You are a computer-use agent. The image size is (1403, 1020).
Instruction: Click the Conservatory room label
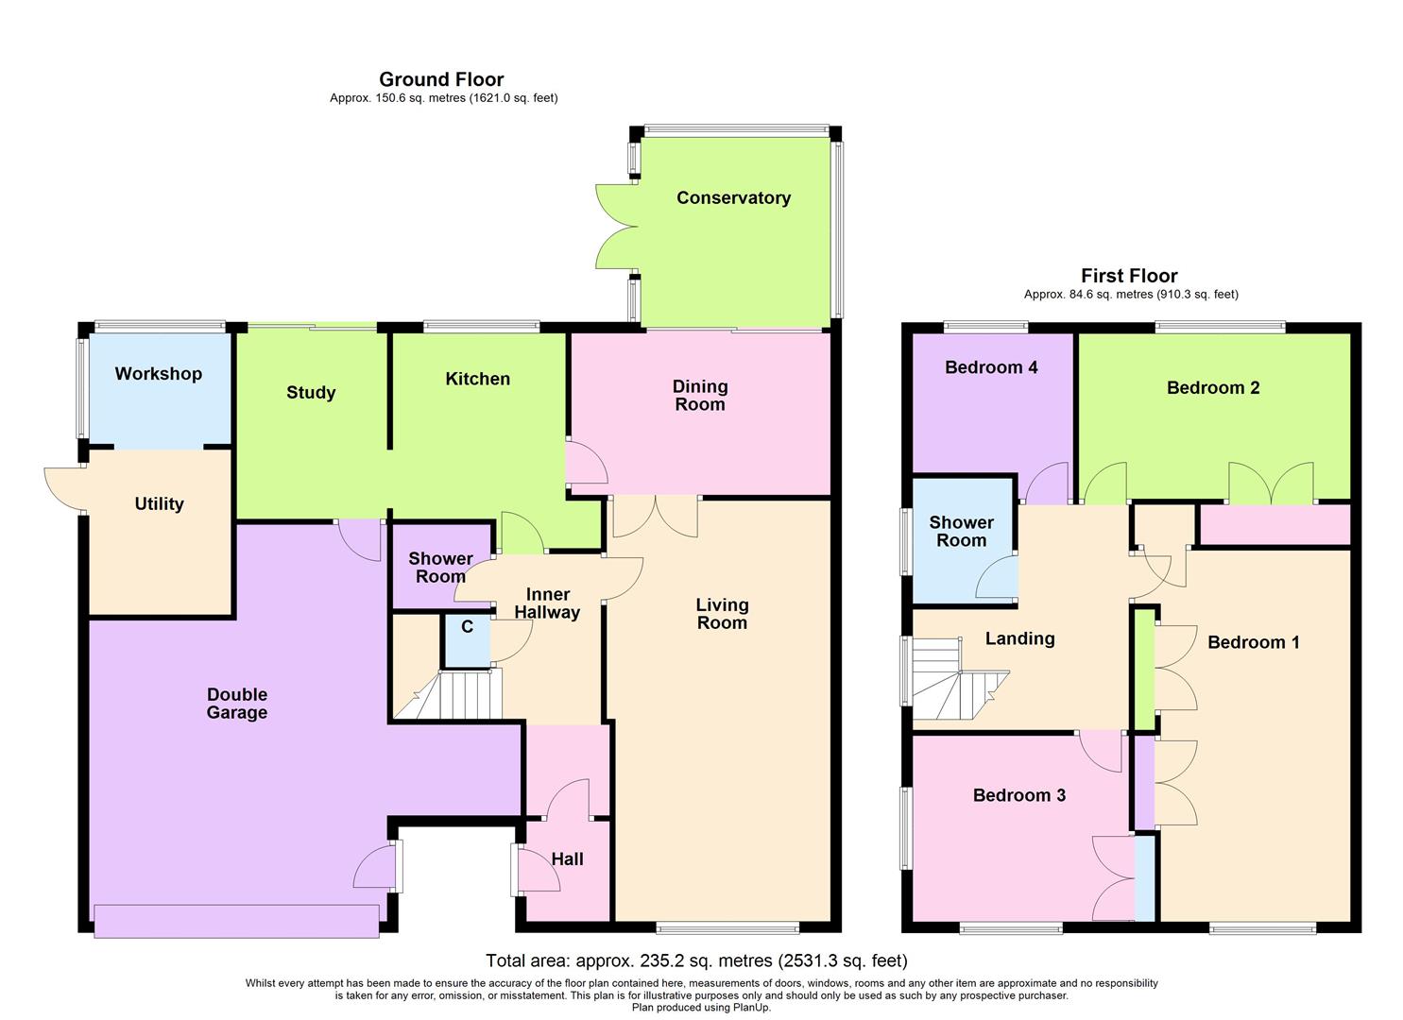(x=733, y=197)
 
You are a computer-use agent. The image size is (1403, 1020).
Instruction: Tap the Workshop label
(x=158, y=373)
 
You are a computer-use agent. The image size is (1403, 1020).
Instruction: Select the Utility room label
(x=159, y=503)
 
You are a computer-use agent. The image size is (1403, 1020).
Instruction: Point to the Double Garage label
(x=237, y=704)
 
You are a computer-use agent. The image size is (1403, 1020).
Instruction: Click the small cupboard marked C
(x=467, y=627)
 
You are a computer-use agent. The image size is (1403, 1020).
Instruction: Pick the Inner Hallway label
(x=547, y=603)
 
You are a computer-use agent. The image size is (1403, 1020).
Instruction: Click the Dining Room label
(x=699, y=395)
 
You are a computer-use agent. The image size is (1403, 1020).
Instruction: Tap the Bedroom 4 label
(x=991, y=367)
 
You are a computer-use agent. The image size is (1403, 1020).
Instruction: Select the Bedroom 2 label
(x=1212, y=387)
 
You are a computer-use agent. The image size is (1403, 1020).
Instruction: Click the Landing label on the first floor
(x=1019, y=638)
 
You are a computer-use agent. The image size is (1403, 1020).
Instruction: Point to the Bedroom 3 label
(x=1018, y=795)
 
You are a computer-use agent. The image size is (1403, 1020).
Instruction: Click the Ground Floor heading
(x=441, y=79)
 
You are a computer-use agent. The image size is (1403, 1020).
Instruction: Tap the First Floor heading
(x=1129, y=276)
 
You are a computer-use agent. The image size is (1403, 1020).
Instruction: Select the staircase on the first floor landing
(x=954, y=682)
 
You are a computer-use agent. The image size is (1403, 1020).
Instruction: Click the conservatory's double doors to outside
(x=615, y=227)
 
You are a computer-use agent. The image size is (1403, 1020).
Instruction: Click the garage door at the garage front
(x=236, y=921)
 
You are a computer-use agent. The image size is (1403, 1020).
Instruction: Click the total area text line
(x=696, y=960)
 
